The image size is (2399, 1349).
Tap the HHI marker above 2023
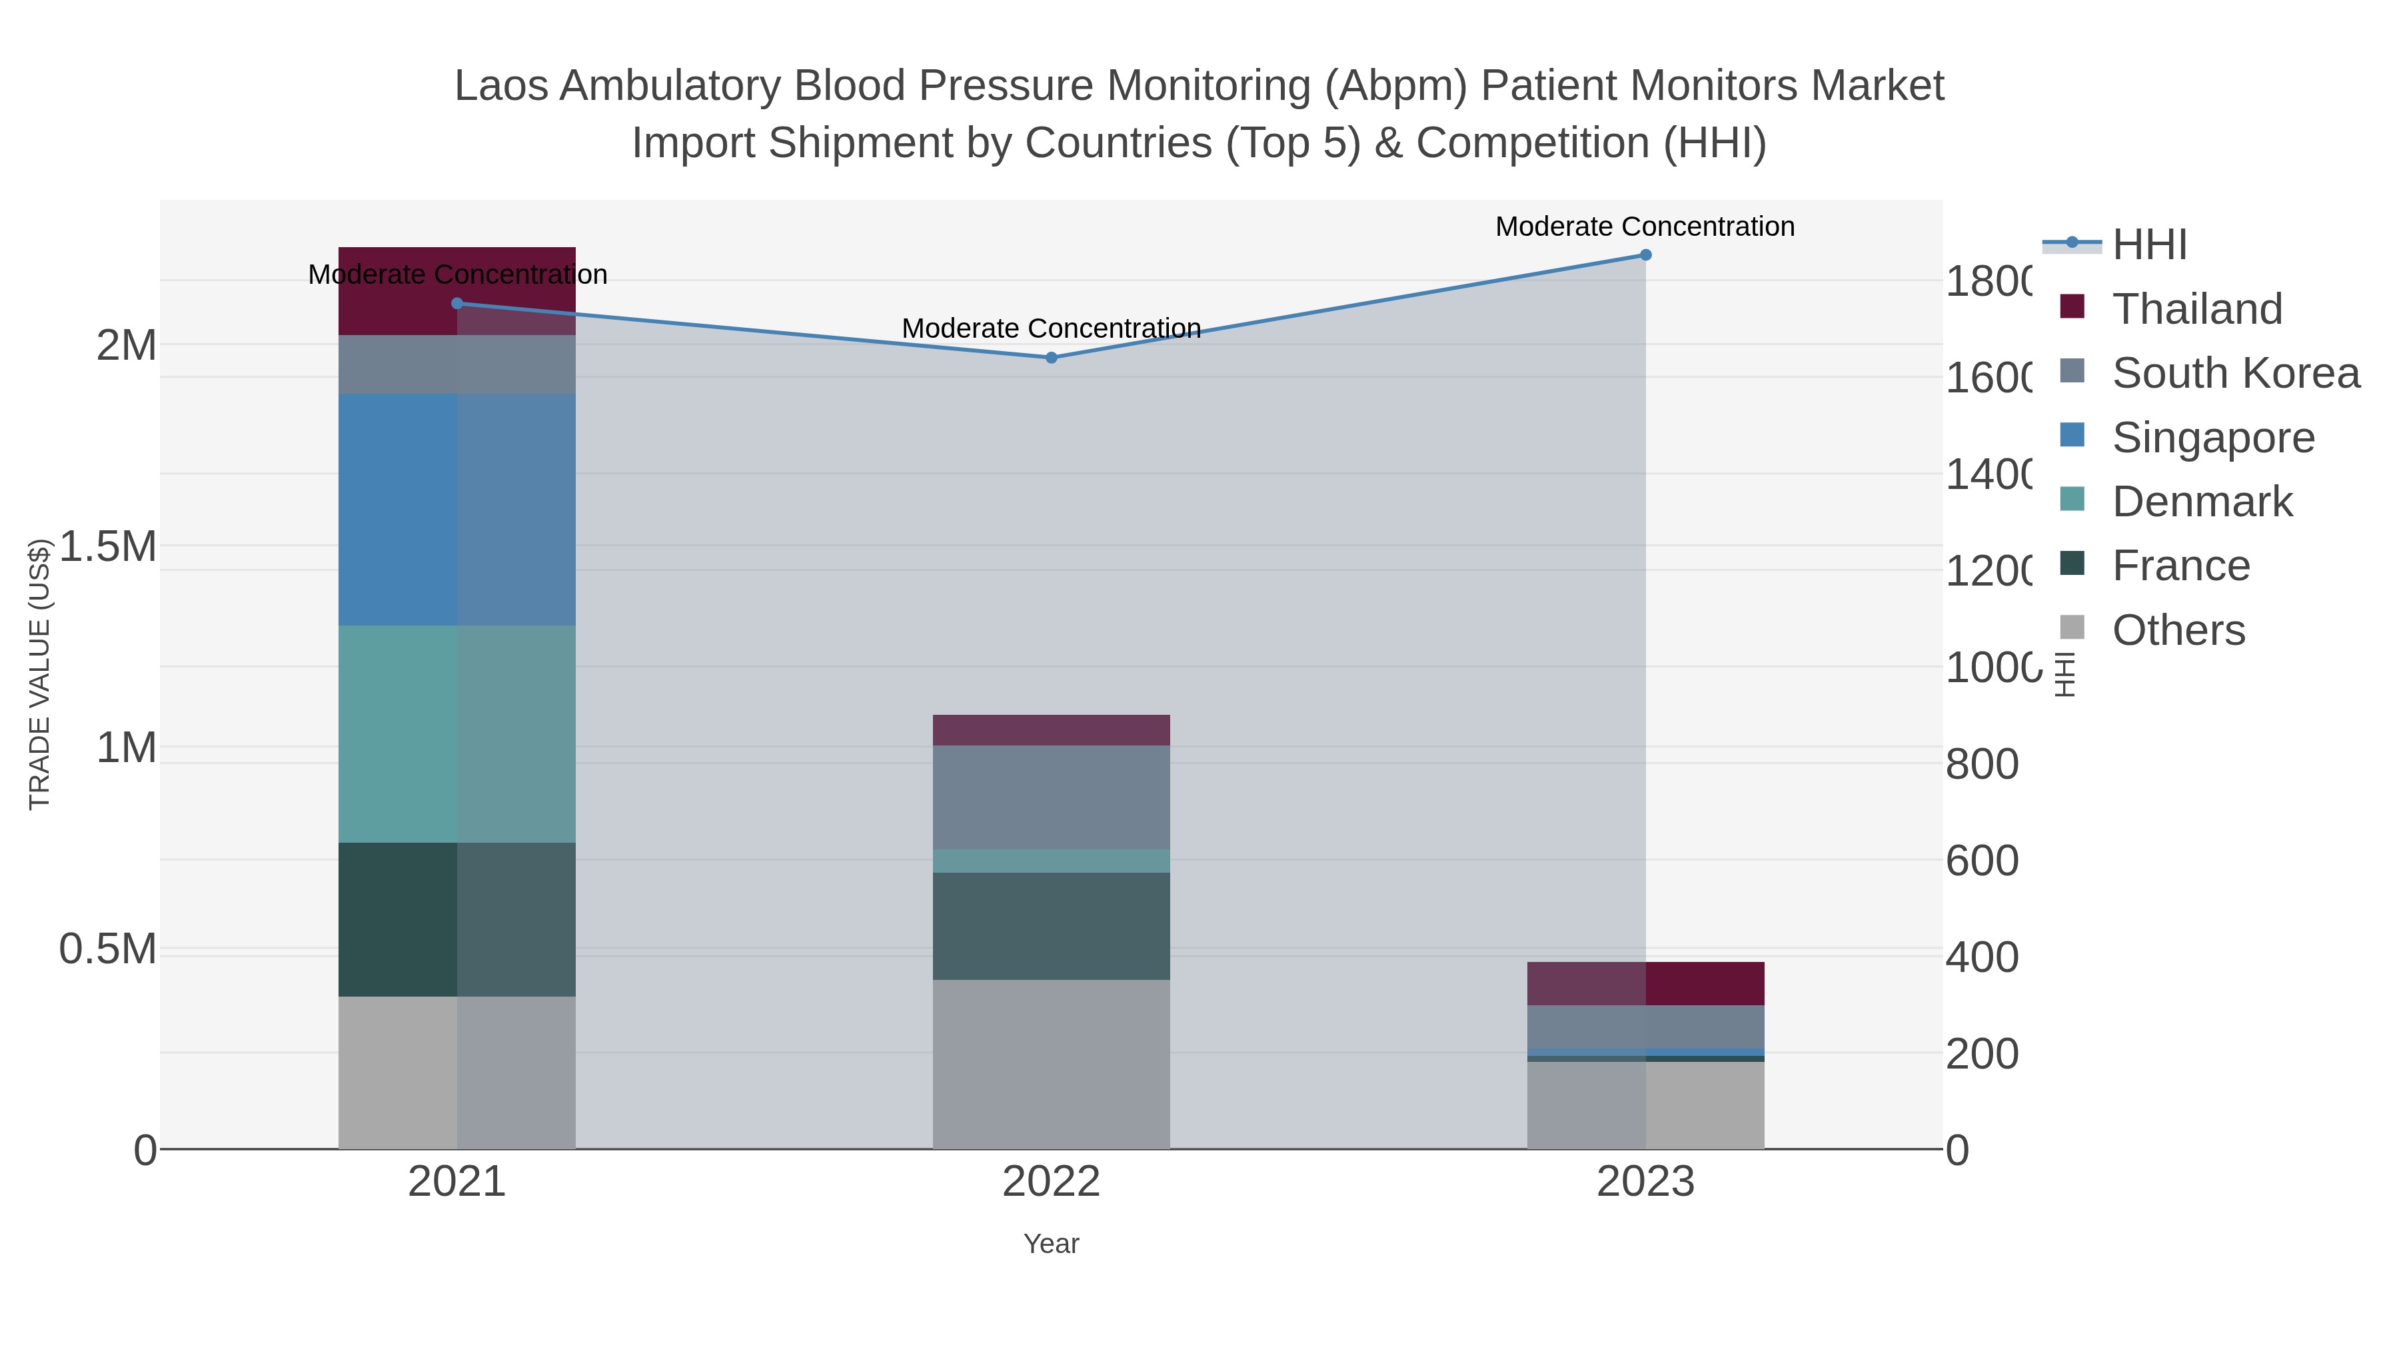tap(1645, 255)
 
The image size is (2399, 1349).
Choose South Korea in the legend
tap(2235, 373)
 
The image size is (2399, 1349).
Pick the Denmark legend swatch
tap(2072, 500)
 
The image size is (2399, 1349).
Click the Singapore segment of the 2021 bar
tap(456, 509)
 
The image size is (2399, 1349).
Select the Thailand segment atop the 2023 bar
tap(1645, 983)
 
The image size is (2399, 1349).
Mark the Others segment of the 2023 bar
tap(1645, 1105)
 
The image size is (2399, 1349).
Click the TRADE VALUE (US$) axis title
tap(39, 674)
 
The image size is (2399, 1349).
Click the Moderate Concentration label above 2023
tap(1645, 226)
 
